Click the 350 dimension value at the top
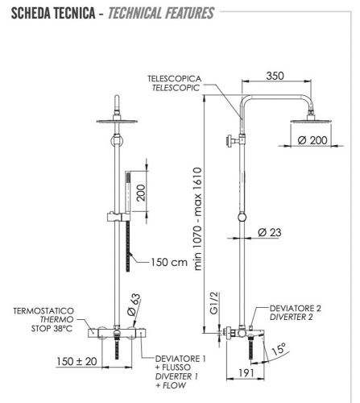(274, 76)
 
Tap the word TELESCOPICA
(175, 78)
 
